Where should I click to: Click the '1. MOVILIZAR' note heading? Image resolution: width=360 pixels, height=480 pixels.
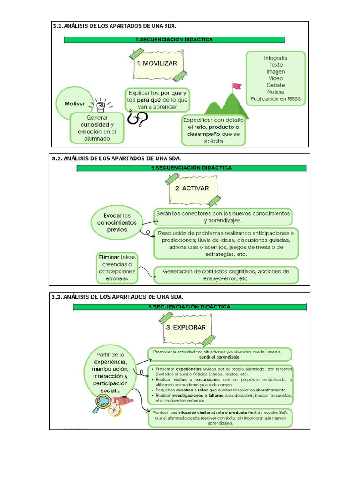coord(157,63)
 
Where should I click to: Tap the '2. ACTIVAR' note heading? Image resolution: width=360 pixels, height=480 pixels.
coord(192,188)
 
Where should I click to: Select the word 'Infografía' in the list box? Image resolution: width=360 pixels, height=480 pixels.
coord(276,58)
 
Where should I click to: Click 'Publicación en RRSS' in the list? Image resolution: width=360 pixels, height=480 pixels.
coord(276,99)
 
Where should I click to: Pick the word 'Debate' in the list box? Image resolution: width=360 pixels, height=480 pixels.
coord(276,85)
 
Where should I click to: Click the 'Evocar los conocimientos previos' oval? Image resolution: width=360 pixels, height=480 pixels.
coord(117,222)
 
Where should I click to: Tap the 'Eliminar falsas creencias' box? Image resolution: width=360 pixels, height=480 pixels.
coord(117,268)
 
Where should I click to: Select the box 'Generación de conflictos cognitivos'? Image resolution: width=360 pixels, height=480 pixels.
coord(226,274)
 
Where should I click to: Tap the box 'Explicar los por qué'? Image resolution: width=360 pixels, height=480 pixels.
coord(157,100)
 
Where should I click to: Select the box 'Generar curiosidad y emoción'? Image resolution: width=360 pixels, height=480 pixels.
coord(97,127)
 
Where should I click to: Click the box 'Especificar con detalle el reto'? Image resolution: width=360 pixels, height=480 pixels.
coord(214,130)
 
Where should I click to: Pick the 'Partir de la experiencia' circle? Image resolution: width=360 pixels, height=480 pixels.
coord(111,372)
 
